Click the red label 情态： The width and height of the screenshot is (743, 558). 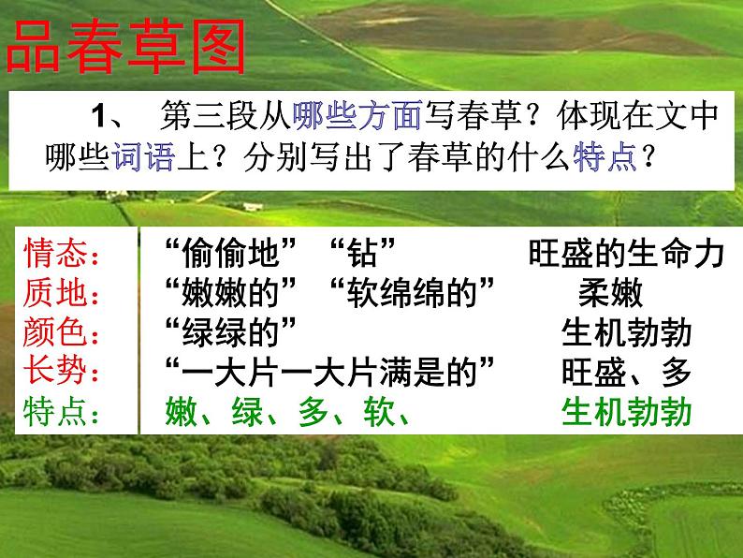[x=67, y=254]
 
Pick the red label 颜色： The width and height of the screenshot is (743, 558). [x=67, y=333]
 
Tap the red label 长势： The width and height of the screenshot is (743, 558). [x=67, y=373]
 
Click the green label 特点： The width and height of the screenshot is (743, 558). [x=67, y=412]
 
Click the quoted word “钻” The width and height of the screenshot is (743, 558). [x=365, y=254]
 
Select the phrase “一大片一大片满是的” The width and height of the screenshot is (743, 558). [x=328, y=373]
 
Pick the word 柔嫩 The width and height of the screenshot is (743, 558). [x=610, y=294]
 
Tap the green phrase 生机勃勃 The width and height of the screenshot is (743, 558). [x=626, y=412]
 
